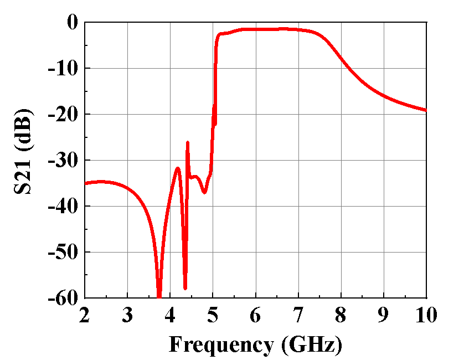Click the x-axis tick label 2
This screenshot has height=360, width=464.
[85, 315]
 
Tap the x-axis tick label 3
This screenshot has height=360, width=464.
[127, 315]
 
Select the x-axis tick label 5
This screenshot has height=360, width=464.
[213, 315]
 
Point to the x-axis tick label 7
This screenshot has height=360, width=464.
[298, 315]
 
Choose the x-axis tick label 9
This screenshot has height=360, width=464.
[384, 315]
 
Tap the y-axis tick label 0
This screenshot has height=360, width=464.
[73, 23]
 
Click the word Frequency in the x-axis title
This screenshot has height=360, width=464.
[221, 344]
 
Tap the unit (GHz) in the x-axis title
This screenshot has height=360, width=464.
[312, 344]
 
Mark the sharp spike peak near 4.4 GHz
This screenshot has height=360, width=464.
[188, 142]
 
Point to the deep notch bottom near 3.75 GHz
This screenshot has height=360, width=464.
[159, 296]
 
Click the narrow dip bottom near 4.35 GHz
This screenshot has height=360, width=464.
[185, 288]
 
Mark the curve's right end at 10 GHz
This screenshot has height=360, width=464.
[426, 110]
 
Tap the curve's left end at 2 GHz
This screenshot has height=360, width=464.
[85, 183]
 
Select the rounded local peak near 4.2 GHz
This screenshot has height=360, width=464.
[178, 168]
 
